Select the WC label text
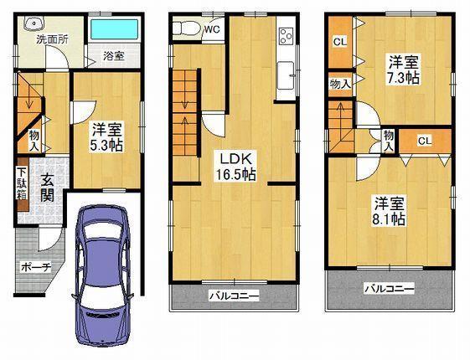tap(211, 28)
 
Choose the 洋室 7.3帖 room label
tap(403, 69)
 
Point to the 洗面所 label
tap(52, 39)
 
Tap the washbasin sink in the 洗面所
tap(31, 23)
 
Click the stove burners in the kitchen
tap(286, 36)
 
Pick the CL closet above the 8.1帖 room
tap(423, 141)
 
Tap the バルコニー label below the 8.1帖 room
tap(389, 289)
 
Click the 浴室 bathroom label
tap(114, 57)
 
